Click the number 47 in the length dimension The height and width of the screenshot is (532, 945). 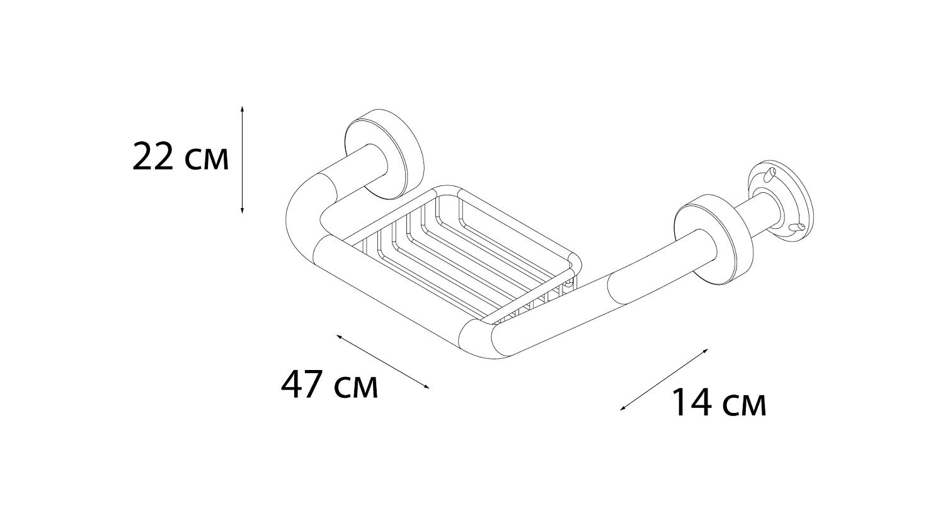point(302,384)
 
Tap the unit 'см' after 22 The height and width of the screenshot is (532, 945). point(206,160)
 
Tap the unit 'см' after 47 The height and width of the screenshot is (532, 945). point(356,388)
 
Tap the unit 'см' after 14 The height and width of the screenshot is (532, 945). point(744,407)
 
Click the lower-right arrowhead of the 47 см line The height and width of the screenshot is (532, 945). point(427,386)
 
